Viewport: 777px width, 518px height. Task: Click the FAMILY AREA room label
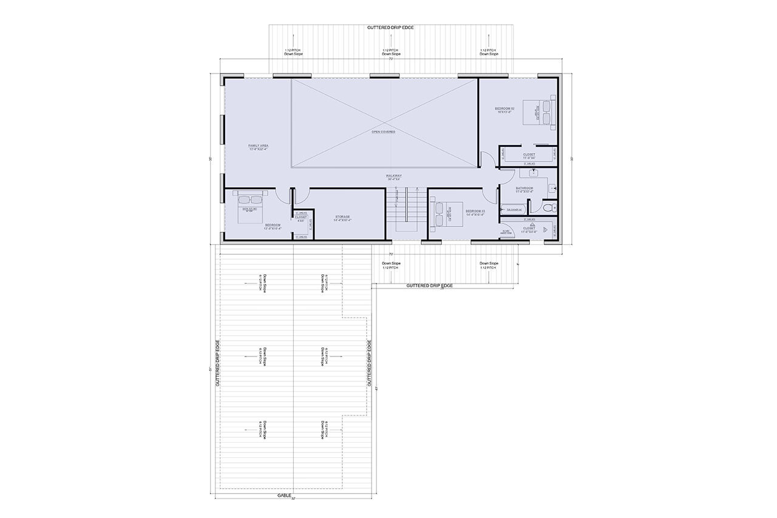[x=259, y=146]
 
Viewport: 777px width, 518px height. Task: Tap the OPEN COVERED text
[x=384, y=132]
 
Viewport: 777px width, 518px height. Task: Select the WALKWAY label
[x=395, y=176]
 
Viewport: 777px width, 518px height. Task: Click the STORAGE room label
[x=342, y=217]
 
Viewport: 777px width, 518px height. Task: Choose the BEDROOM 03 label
[x=475, y=212]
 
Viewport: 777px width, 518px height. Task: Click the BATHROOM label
[x=524, y=188]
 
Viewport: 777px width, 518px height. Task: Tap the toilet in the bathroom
[x=548, y=208]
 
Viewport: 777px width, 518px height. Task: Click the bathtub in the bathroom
[x=514, y=210]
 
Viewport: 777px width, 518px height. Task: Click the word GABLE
[x=285, y=496]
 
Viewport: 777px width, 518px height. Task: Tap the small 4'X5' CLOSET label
[x=301, y=217]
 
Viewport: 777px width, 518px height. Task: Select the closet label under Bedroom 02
[x=529, y=155]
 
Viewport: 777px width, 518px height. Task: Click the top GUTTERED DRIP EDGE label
[x=391, y=28]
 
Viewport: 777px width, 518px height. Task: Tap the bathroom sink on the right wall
[x=553, y=189]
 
